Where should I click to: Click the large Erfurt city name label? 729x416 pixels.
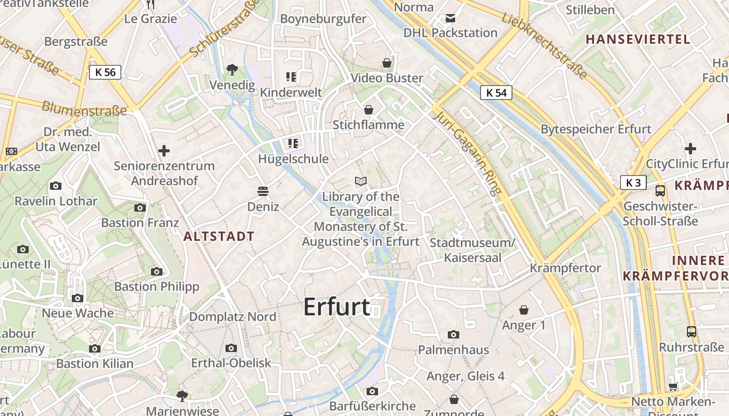tap(337, 307)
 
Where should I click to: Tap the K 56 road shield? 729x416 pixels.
tap(105, 72)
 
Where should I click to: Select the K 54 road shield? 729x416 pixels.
tap(496, 93)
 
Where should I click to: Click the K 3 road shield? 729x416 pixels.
tap(633, 183)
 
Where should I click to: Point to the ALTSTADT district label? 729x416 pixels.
tap(219, 236)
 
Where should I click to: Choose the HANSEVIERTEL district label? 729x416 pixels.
tap(638, 39)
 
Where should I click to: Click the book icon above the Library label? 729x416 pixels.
tap(361, 181)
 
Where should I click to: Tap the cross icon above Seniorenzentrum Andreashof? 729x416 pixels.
tap(164, 151)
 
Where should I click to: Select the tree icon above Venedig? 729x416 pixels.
tap(232, 69)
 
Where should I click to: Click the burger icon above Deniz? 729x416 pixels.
tap(263, 191)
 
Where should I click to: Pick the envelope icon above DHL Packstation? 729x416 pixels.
tap(450, 18)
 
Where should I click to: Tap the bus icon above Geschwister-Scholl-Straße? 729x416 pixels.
tap(660, 190)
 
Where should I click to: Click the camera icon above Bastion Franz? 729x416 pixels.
tap(140, 207)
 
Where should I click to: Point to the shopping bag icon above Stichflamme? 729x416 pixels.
tap(369, 110)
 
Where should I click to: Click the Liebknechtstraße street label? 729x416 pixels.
tap(545, 47)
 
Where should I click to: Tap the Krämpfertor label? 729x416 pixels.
tap(565, 268)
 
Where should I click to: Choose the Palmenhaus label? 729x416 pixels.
tap(454, 349)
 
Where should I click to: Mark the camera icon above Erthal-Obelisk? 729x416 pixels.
tap(231, 348)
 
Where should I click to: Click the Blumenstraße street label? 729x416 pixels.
tap(84, 108)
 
